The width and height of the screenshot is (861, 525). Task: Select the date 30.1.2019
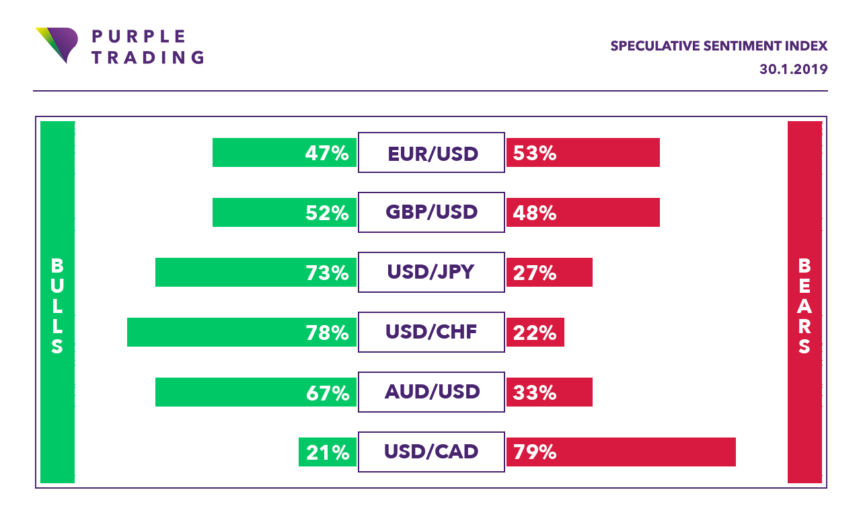click(x=793, y=69)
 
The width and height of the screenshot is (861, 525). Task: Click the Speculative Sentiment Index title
click(x=718, y=46)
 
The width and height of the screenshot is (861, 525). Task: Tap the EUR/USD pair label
click(x=431, y=153)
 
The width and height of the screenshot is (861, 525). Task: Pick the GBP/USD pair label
click(x=431, y=213)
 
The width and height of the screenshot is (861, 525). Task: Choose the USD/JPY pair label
click(x=431, y=272)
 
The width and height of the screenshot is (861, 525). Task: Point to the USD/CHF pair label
click(x=431, y=332)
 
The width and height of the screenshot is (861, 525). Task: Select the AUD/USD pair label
click(x=431, y=392)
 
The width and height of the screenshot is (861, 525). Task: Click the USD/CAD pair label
click(x=431, y=452)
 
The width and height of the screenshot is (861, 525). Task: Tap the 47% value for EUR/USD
click(x=327, y=153)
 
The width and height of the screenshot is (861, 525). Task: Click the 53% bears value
click(x=535, y=153)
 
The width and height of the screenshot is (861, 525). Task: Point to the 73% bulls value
click(x=327, y=273)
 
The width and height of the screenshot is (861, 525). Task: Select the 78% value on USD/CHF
click(x=327, y=332)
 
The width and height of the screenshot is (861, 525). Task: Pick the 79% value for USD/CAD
click(x=535, y=452)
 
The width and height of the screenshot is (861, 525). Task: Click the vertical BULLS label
click(x=57, y=306)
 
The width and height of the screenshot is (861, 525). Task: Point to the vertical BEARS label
click(x=804, y=306)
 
